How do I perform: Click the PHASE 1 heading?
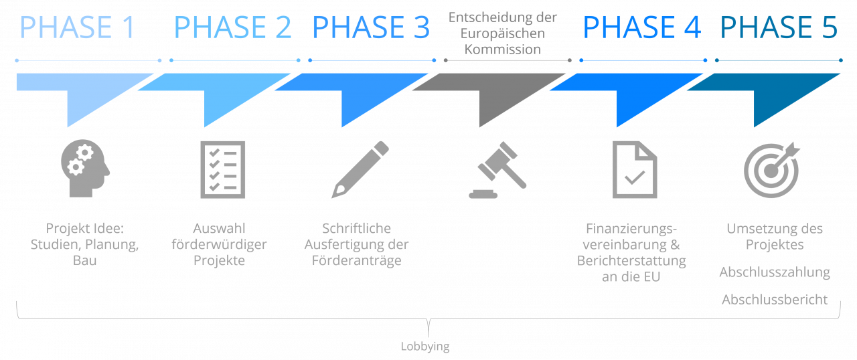(78, 28)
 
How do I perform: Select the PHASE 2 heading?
(232, 28)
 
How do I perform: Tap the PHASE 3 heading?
(371, 28)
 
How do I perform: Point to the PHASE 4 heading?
(642, 28)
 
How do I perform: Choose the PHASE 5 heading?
(779, 28)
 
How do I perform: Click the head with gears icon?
(85, 169)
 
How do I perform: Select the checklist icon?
(223, 169)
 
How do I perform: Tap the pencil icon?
(360, 169)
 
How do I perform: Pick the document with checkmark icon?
(635, 169)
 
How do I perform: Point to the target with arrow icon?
(771, 169)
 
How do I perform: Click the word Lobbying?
(425, 347)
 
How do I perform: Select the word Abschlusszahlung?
(775, 272)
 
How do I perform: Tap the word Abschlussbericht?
(775, 300)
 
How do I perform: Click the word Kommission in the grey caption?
(503, 50)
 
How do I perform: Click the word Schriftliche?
(356, 228)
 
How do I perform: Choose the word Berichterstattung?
(631, 260)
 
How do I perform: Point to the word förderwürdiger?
(219, 244)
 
